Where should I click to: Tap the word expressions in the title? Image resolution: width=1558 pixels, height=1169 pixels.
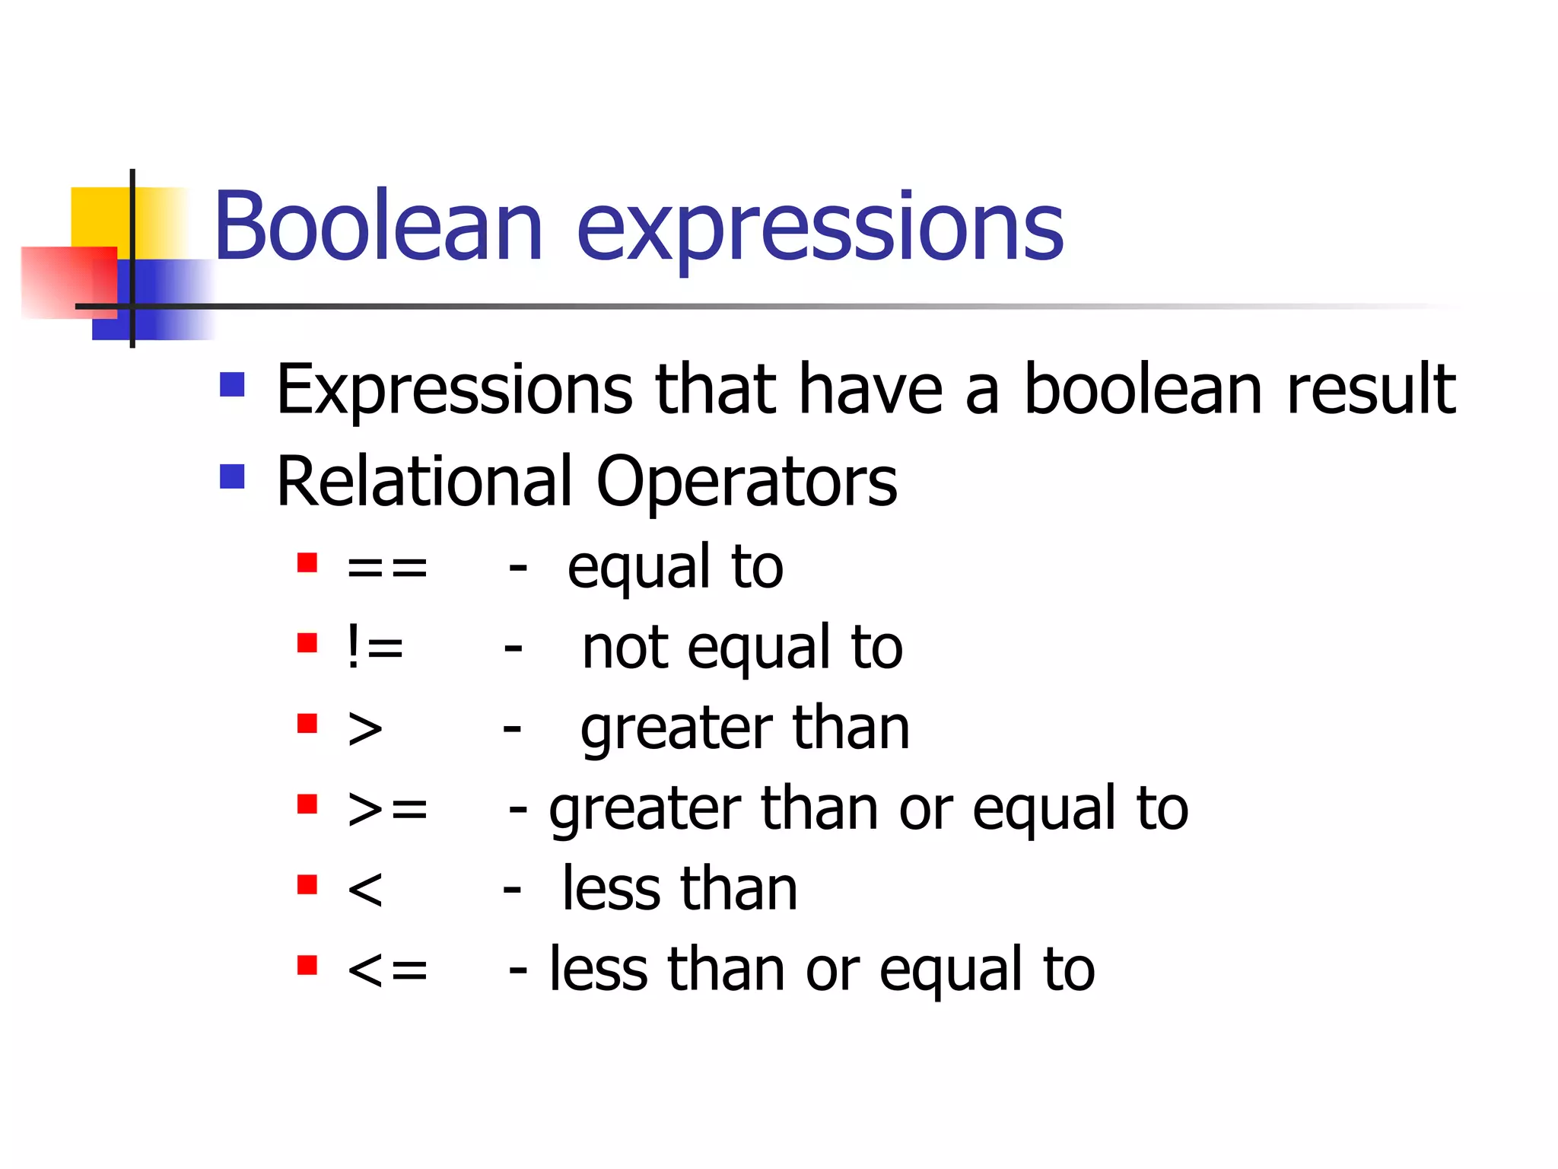pos(820,228)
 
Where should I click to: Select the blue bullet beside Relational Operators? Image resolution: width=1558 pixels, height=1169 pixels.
pos(232,477)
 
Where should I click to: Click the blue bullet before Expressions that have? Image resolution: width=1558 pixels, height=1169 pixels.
pos(232,384)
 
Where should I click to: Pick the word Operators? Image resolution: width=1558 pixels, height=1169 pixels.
pos(746,483)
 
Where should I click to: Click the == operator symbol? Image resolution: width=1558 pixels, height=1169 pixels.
pos(387,568)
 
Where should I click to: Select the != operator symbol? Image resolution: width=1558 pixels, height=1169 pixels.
pos(374,648)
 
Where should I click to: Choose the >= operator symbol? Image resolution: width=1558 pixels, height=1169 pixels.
pos(387,808)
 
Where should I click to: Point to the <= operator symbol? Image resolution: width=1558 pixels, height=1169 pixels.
pos(387,970)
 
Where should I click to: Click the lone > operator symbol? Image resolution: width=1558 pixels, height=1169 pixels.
pos(365,728)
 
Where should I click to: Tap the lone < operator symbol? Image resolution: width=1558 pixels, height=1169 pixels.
pos(365,889)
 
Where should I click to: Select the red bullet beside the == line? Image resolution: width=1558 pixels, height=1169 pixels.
pos(307,563)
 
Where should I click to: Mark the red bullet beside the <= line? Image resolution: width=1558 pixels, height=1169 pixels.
pos(307,965)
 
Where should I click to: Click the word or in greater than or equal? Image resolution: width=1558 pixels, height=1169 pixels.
pos(925,810)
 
